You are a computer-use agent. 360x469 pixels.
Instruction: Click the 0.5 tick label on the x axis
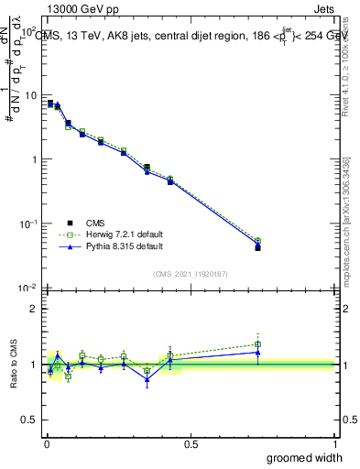coord(190,443)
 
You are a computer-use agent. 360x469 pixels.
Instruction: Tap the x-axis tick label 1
coord(333,443)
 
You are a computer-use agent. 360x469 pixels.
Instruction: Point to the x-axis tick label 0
coord(46,443)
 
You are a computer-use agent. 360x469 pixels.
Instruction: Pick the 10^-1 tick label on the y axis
coord(27,223)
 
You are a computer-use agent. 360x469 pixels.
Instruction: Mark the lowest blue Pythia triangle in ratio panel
coord(147,379)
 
